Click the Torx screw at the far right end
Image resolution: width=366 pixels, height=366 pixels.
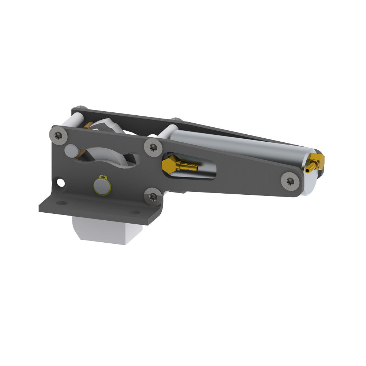tap(290, 181)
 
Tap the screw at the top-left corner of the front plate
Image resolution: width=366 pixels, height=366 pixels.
tap(59, 135)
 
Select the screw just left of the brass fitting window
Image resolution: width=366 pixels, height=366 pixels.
tap(153, 147)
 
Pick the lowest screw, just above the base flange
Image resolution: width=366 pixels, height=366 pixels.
tap(153, 197)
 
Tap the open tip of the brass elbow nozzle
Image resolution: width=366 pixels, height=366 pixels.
tap(307, 170)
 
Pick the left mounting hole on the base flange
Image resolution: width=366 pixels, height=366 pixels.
tap(62, 202)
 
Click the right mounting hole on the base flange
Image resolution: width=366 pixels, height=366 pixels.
tap(135, 212)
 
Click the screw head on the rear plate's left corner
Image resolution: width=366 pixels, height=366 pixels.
tap(82, 108)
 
